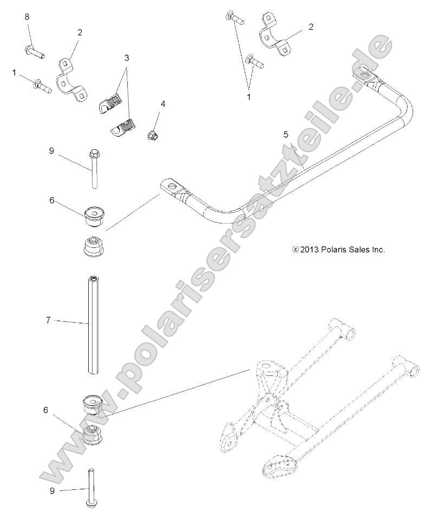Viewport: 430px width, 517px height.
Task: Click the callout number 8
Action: [27, 17]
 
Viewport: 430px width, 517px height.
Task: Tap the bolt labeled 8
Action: [34, 52]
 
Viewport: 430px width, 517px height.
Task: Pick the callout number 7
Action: [63, 321]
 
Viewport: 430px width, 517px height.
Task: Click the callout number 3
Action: [126, 57]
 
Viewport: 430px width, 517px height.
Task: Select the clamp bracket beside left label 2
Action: [70, 79]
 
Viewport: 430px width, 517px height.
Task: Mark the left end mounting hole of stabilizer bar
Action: [172, 187]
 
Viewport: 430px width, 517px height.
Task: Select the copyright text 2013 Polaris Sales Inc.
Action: [338, 250]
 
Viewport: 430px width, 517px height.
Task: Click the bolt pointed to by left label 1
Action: [42, 86]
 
